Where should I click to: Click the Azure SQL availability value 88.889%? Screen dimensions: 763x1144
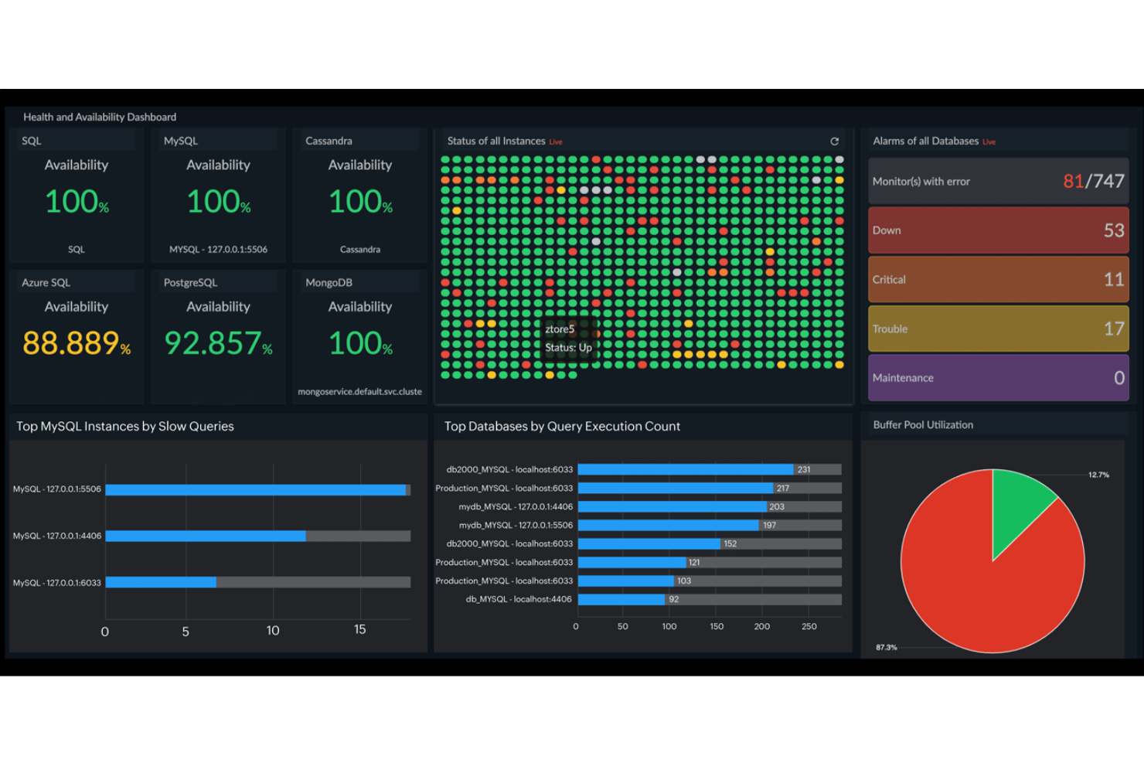pyautogui.click(x=76, y=343)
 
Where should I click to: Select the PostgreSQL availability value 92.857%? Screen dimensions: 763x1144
pyautogui.click(x=218, y=343)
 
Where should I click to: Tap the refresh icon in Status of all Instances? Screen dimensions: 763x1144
pyautogui.click(x=834, y=141)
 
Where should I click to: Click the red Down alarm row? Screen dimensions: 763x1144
pyautogui.click(x=998, y=230)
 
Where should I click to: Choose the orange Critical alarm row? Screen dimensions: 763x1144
pyautogui.click(x=998, y=279)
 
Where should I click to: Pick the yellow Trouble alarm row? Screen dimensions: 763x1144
pyautogui.click(x=998, y=329)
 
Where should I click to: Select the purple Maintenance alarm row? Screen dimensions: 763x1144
pyautogui.click(x=998, y=377)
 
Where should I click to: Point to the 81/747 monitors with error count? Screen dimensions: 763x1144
pyautogui.click(x=1093, y=181)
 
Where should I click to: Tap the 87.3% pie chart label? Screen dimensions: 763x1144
pyautogui.click(x=886, y=647)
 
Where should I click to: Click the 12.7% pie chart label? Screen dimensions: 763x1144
pyautogui.click(x=1098, y=475)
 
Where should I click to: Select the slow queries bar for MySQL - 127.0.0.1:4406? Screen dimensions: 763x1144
pyautogui.click(x=206, y=536)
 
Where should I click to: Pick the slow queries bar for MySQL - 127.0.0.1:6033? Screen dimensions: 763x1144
pyautogui.click(x=161, y=582)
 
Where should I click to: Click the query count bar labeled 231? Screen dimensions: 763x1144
pyautogui.click(x=685, y=469)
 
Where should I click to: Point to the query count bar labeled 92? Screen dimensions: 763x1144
pyautogui.click(x=621, y=599)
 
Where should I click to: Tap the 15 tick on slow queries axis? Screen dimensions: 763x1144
pyautogui.click(x=359, y=629)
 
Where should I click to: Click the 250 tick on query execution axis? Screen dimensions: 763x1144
pyautogui.click(x=809, y=626)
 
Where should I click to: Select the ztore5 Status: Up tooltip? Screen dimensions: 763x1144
pyautogui.click(x=568, y=339)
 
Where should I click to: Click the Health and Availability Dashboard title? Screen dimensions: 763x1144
pyautogui.click(x=100, y=117)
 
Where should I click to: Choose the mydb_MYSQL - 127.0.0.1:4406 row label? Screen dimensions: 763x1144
pyautogui.click(x=516, y=506)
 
